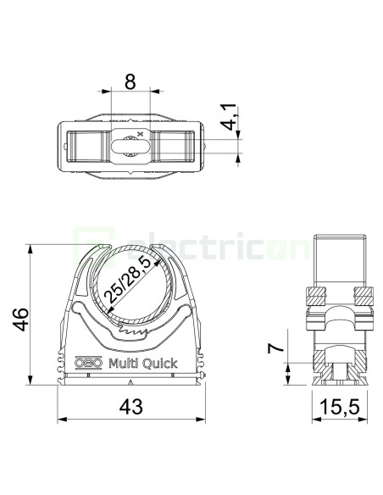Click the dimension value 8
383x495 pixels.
[130, 81]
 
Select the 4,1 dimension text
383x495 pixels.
[229, 117]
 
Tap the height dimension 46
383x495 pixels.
[21, 319]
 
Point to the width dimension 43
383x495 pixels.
[131, 406]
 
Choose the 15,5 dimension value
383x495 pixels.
[340, 406]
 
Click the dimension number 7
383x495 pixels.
[275, 348]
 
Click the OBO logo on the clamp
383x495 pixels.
[88, 363]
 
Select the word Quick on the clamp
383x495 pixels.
[159, 364]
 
